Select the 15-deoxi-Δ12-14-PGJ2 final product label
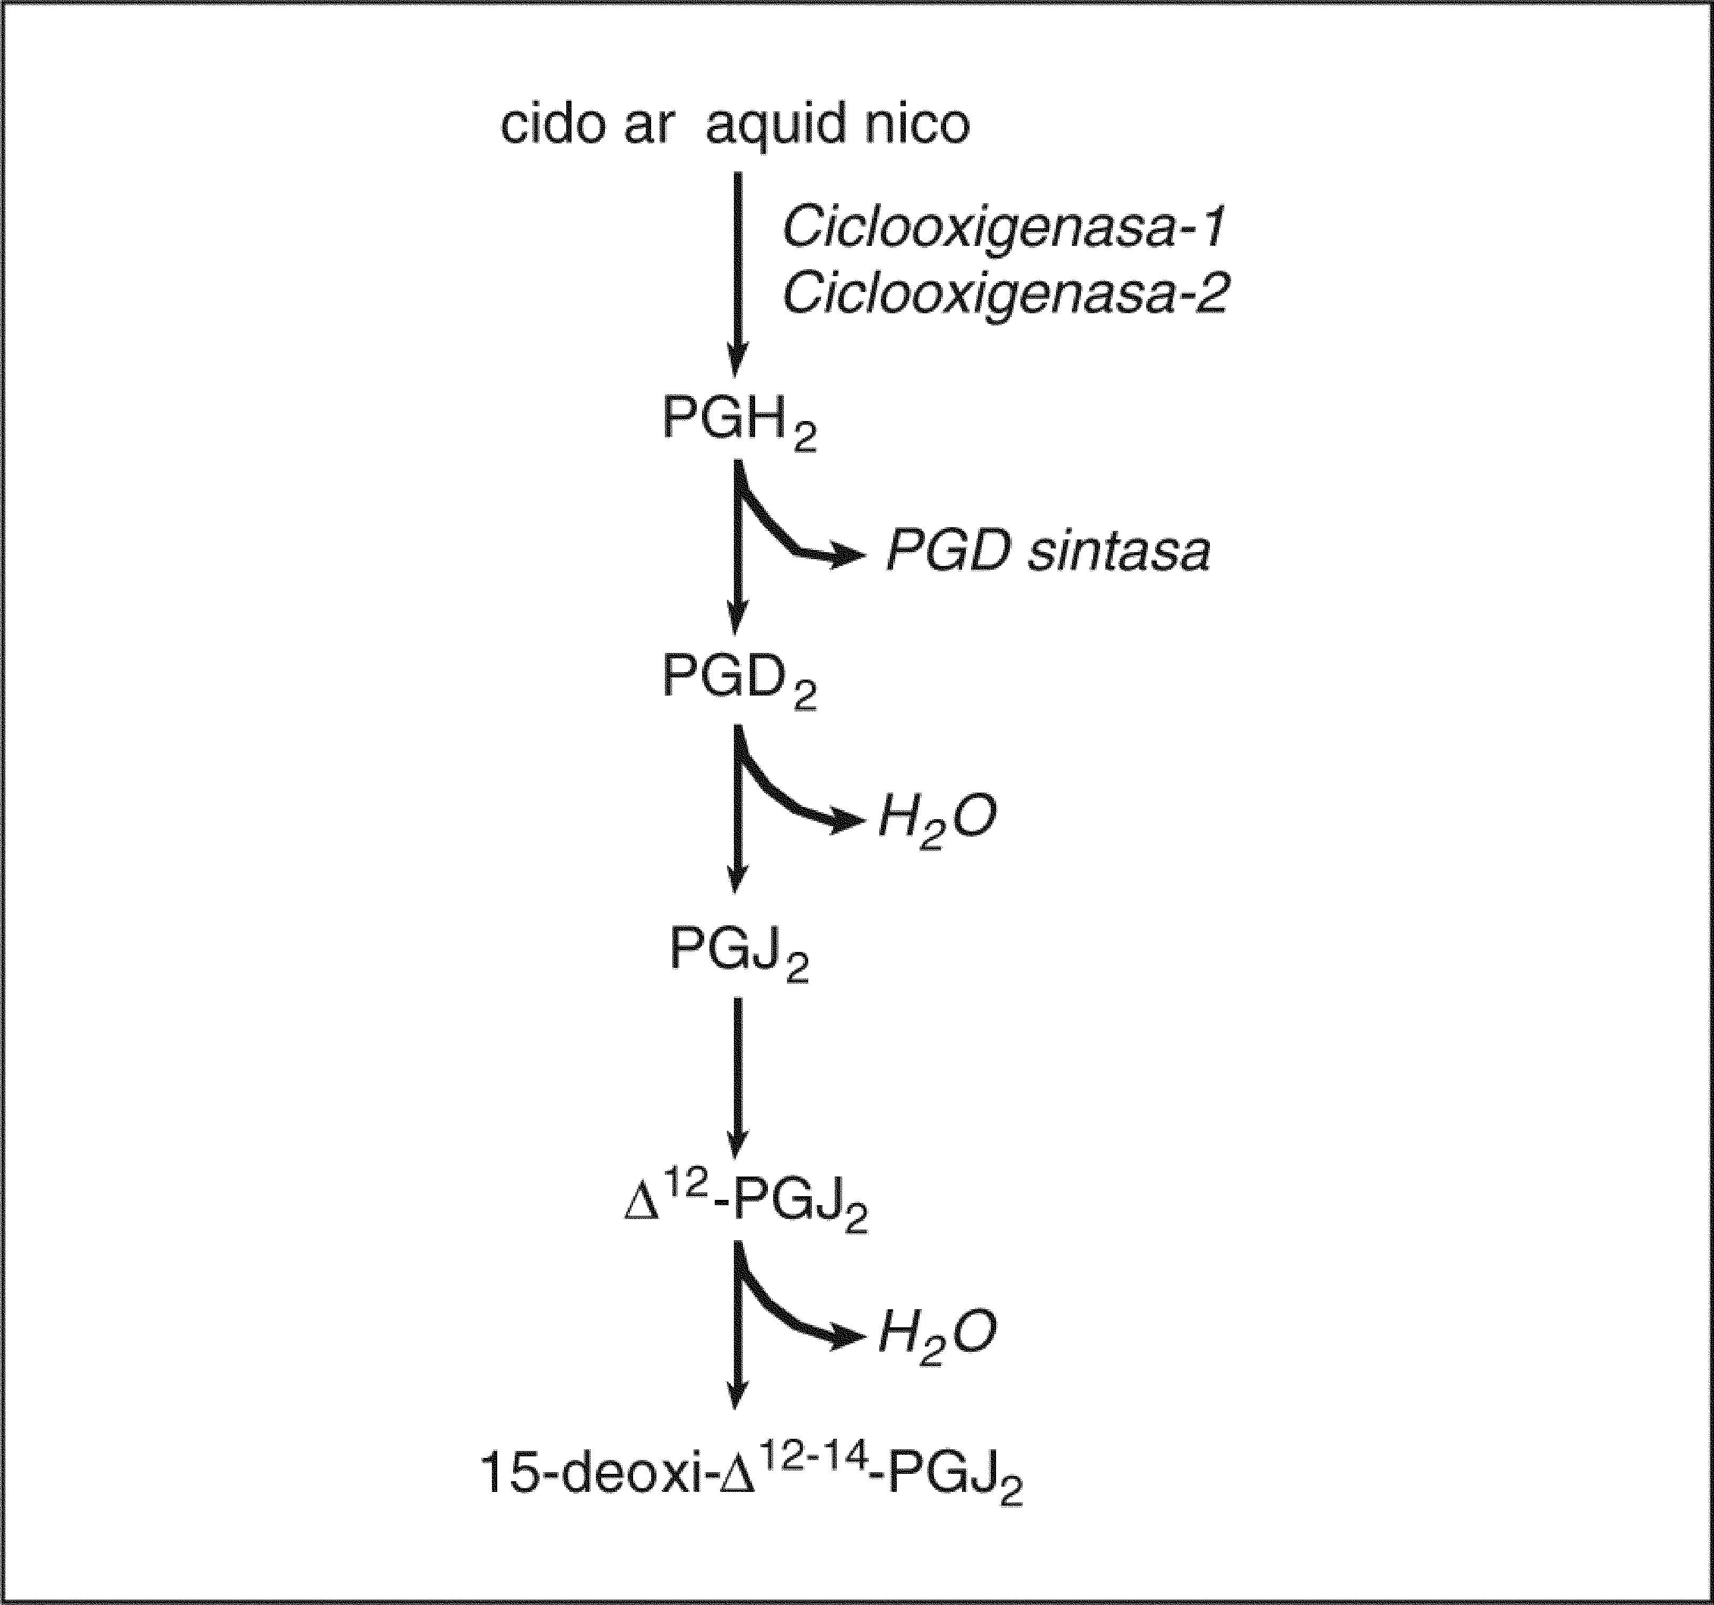pyautogui.click(x=751, y=1475)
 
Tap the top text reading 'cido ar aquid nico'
pyautogui.click(x=734, y=125)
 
